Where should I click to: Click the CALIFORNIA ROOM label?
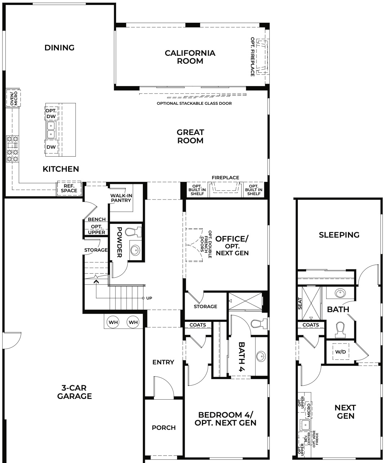coord(190,57)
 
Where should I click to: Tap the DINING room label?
coord(59,48)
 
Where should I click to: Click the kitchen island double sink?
coord(51,130)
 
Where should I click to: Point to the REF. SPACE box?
coord(69,188)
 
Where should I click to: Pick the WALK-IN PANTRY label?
coord(121,198)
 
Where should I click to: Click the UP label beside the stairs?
coord(149,298)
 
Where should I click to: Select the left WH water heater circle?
coord(113,322)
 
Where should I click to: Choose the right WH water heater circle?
coord(133,322)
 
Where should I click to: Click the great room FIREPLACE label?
coord(225,177)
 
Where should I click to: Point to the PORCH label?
coord(164,428)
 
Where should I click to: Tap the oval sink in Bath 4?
coord(261,356)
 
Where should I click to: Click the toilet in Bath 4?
coord(256,324)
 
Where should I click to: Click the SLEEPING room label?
coord(339,235)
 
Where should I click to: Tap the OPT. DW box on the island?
coord(51,113)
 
